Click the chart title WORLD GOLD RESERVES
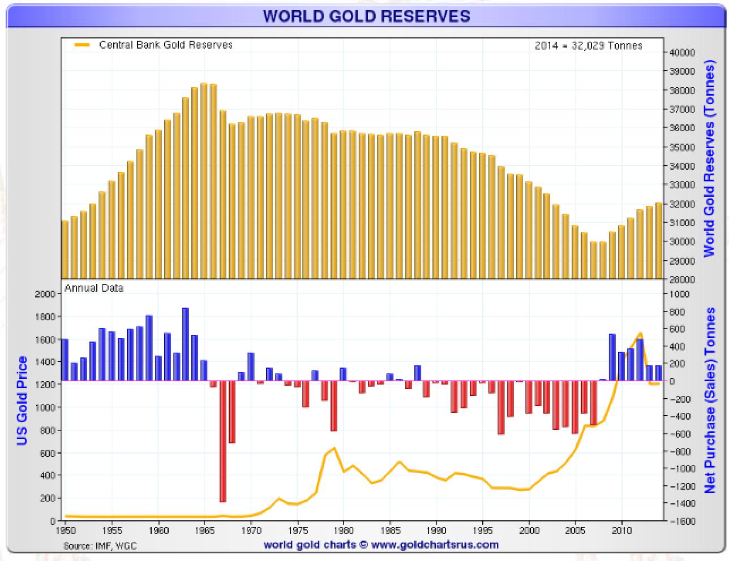pos(366,16)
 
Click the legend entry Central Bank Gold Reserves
pos(165,45)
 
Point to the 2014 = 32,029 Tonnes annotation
pos(588,46)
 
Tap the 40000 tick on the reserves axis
pos(682,53)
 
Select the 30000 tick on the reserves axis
pos(682,241)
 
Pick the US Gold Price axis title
pos(22,400)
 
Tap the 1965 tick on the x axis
pos(205,531)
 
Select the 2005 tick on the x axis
pos(576,531)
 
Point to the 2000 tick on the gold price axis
pos(46,294)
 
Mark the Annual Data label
pos(94,288)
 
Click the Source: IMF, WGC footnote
pos(100,546)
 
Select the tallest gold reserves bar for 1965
pos(204,181)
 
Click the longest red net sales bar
pos(223,441)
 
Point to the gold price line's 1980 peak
pos(334,448)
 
